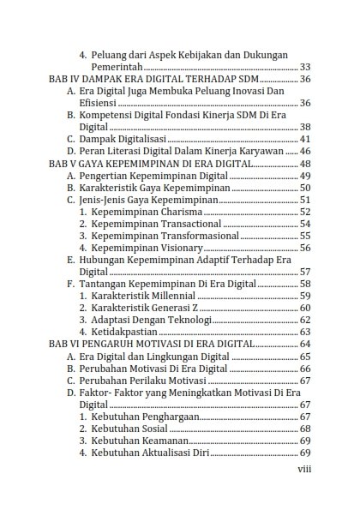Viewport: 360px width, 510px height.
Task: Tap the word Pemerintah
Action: (x=117, y=66)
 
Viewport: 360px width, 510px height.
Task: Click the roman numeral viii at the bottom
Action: (x=304, y=469)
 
